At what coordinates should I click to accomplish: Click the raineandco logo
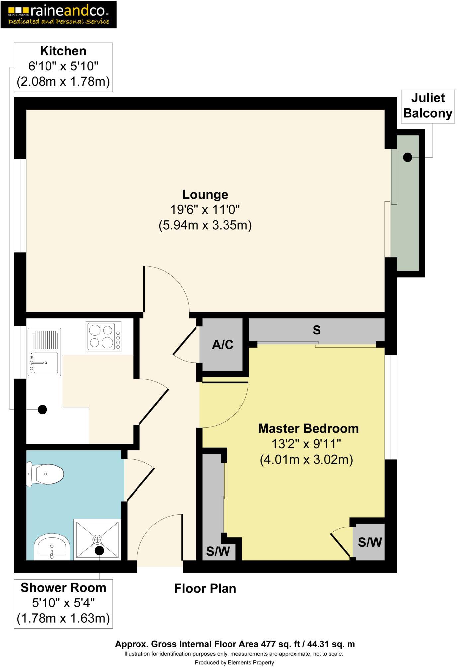tap(58, 14)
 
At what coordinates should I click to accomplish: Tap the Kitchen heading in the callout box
tap(63, 51)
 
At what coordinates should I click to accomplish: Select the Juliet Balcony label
tap(427, 106)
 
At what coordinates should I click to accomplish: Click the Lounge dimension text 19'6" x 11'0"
tap(205, 210)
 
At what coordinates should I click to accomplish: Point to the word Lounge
tap(205, 195)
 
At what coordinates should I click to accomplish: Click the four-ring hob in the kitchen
tap(103, 336)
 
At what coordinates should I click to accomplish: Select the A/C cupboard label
tap(223, 345)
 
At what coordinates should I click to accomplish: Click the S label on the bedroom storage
tap(316, 330)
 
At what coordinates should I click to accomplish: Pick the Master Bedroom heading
tap(308, 428)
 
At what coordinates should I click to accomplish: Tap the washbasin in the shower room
tap(52, 548)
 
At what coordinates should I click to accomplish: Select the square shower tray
tap(97, 540)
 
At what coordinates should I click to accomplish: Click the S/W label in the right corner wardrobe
tap(369, 542)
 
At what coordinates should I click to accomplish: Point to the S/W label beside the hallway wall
tap(218, 551)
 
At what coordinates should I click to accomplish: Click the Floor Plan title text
tap(205, 588)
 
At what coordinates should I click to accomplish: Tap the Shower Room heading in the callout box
tap(63, 588)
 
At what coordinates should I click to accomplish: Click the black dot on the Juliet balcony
tap(408, 157)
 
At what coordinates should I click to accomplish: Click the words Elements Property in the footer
tap(251, 662)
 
